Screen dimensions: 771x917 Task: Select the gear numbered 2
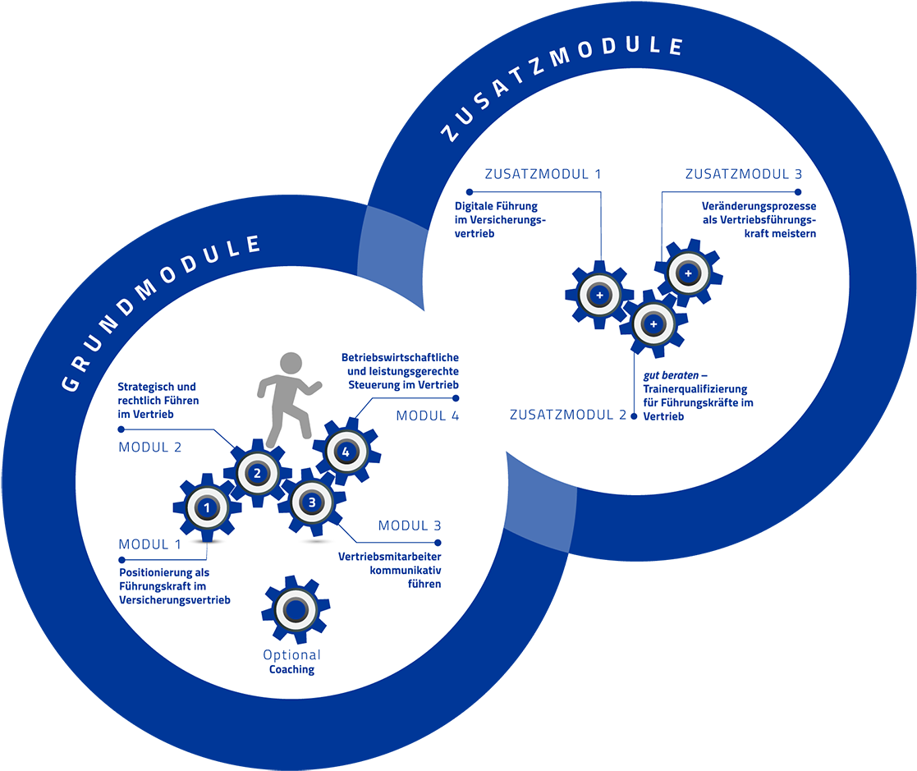tap(257, 472)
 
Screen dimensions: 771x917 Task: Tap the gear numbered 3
tap(312, 501)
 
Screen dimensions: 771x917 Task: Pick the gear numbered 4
tap(346, 452)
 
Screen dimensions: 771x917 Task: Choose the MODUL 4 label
tap(427, 415)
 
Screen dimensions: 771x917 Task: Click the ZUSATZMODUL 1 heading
tap(543, 174)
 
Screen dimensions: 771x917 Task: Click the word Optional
tap(291, 655)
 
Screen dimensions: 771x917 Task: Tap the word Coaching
tap(291, 669)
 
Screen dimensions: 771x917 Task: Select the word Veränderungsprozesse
tap(759, 206)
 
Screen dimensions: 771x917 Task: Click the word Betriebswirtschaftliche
tap(400, 358)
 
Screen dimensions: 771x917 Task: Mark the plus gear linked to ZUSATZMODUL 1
tap(599, 295)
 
